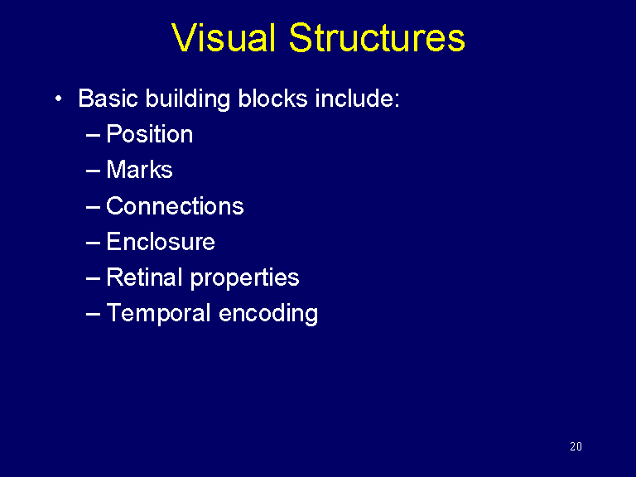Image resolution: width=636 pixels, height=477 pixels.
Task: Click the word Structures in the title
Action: pos(377,38)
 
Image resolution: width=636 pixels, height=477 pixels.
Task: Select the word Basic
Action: pos(108,99)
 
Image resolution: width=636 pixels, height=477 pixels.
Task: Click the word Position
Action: pos(150,134)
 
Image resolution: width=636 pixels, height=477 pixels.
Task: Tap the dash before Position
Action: pos(93,135)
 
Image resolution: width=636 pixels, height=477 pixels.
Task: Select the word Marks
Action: pos(139,170)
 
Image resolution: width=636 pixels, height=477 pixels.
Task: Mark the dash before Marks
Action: pos(93,171)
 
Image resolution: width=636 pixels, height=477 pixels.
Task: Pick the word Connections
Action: pos(175,205)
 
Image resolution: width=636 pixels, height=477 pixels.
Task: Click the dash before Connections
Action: pos(93,206)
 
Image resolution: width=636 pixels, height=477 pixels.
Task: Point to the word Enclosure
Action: pos(161,242)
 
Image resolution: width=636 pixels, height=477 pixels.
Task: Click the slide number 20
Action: pos(576,447)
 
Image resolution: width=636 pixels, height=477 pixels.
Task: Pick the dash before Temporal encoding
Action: pos(93,314)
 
